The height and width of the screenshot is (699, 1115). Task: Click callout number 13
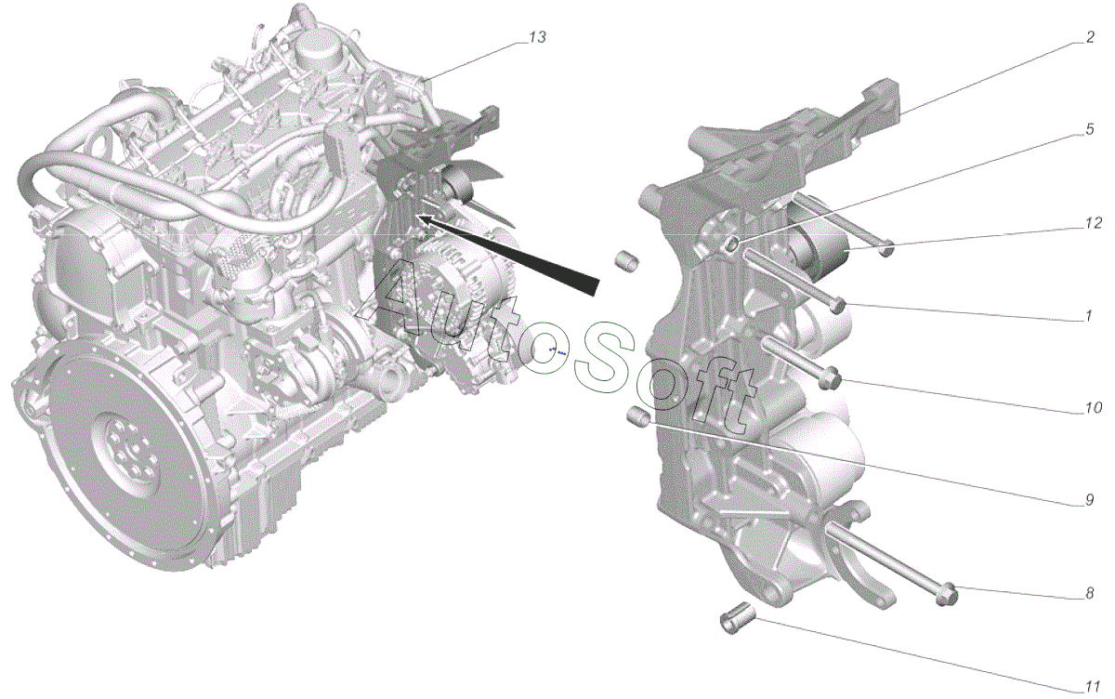pos(537,37)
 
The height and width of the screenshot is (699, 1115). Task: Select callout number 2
pos(1090,37)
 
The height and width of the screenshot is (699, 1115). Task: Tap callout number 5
pos(1089,129)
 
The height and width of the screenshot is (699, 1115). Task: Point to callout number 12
pos(1093,223)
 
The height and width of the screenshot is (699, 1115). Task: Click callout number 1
pos(1088,316)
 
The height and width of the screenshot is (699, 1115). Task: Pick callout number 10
pos(1093,408)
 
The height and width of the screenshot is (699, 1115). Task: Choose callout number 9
pos(1089,500)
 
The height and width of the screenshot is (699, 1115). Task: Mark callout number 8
pos(1089,593)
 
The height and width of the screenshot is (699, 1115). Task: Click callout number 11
pos(1092,687)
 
